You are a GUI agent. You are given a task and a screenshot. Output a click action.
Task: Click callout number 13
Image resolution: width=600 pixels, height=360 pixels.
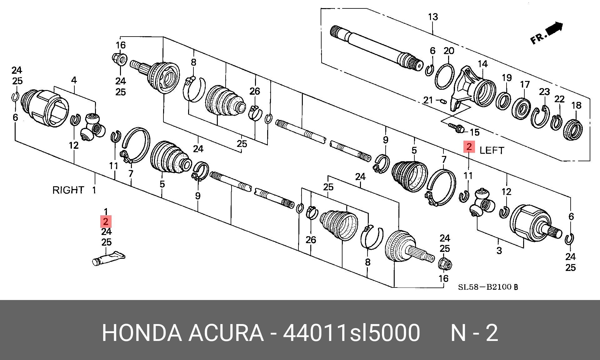pyautogui.click(x=433, y=17)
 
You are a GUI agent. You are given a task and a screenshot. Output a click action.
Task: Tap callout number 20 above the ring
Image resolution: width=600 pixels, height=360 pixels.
pyautogui.click(x=449, y=51)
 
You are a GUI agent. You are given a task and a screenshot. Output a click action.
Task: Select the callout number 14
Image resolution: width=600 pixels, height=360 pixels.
pyautogui.click(x=483, y=64)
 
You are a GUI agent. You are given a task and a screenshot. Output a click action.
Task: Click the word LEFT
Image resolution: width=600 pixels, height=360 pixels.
pyautogui.click(x=492, y=150)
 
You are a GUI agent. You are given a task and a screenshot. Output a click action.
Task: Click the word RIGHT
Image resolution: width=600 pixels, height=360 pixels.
pyautogui.click(x=68, y=190)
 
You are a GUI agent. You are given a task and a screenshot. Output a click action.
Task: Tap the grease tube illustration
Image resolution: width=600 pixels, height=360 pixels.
pyautogui.click(x=109, y=258)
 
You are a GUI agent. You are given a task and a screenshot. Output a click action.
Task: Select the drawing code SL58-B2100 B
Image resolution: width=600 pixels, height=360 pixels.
pyautogui.click(x=488, y=287)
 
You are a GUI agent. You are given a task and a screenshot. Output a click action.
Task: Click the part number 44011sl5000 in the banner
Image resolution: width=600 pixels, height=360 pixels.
pyautogui.click(x=351, y=333)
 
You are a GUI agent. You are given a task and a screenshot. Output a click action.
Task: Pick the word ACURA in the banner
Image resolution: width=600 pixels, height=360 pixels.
pyautogui.click(x=226, y=333)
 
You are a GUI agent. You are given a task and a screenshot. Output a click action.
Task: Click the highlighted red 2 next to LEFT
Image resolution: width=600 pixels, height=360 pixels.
pyautogui.click(x=469, y=147)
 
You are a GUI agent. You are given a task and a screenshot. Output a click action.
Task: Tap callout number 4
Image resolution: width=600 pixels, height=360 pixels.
pyautogui.click(x=74, y=80)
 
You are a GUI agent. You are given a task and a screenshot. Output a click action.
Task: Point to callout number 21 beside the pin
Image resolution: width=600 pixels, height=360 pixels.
pyautogui.click(x=428, y=100)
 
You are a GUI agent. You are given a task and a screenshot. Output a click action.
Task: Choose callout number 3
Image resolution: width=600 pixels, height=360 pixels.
pyautogui.click(x=499, y=250)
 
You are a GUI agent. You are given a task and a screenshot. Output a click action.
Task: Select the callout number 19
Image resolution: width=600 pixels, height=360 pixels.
pyautogui.click(x=507, y=77)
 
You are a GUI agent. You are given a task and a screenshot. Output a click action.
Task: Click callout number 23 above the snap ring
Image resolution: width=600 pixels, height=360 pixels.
pyautogui.click(x=544, y=92)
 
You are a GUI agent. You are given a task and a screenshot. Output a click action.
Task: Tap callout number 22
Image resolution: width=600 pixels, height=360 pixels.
pyautogui.click(x=559, y=99)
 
